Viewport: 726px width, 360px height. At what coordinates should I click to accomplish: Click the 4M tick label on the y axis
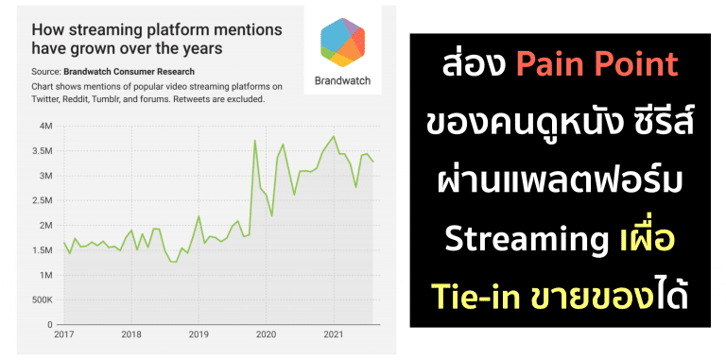[x=46, y=126]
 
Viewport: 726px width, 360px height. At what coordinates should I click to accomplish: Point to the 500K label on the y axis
[x=41, y=300]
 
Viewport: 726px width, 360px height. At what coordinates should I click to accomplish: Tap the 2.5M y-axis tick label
[x=43, y=200]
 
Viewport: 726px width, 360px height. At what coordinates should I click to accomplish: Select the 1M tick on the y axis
[x=46, y=275]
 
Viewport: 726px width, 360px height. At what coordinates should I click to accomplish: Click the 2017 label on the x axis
[x=64, y=334]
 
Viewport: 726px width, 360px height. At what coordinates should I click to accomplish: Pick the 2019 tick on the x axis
[x=199, y=334]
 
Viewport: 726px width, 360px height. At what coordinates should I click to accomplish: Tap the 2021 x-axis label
[x=333, y=334]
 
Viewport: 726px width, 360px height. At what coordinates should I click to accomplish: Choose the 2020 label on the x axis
[x=266, y=334]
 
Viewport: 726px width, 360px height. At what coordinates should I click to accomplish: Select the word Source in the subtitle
[x=46, y=71]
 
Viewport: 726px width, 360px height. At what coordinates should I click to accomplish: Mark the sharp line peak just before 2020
[x=254, y=141]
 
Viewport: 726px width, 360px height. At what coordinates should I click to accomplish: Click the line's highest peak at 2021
[x=333, y=136]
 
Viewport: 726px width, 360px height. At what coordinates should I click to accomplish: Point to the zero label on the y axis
[x=51, y=324]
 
